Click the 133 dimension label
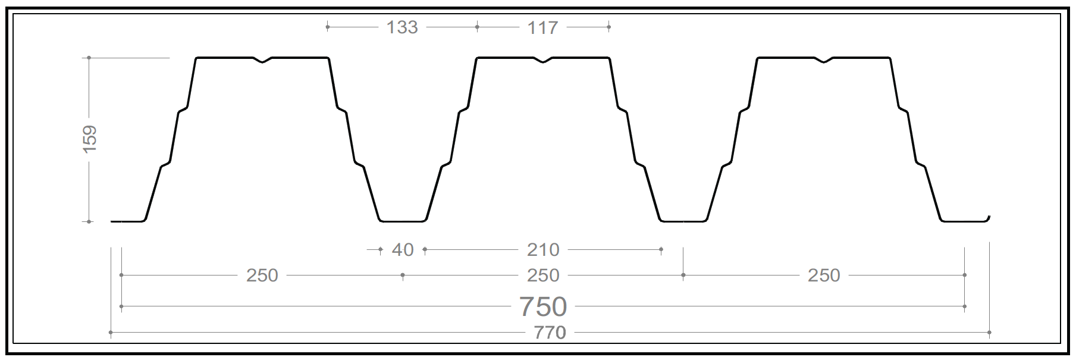pos(402,27)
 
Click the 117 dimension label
pos(542,27)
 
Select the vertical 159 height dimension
pos(89,139)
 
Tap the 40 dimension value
pos(403,250)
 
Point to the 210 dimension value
pos(543,250)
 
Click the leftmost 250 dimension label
pos(262,276)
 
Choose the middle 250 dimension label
pos(543,276)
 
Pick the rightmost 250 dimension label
pos(824,276)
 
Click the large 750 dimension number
pos(543,307)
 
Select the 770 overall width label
pos(550,333)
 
